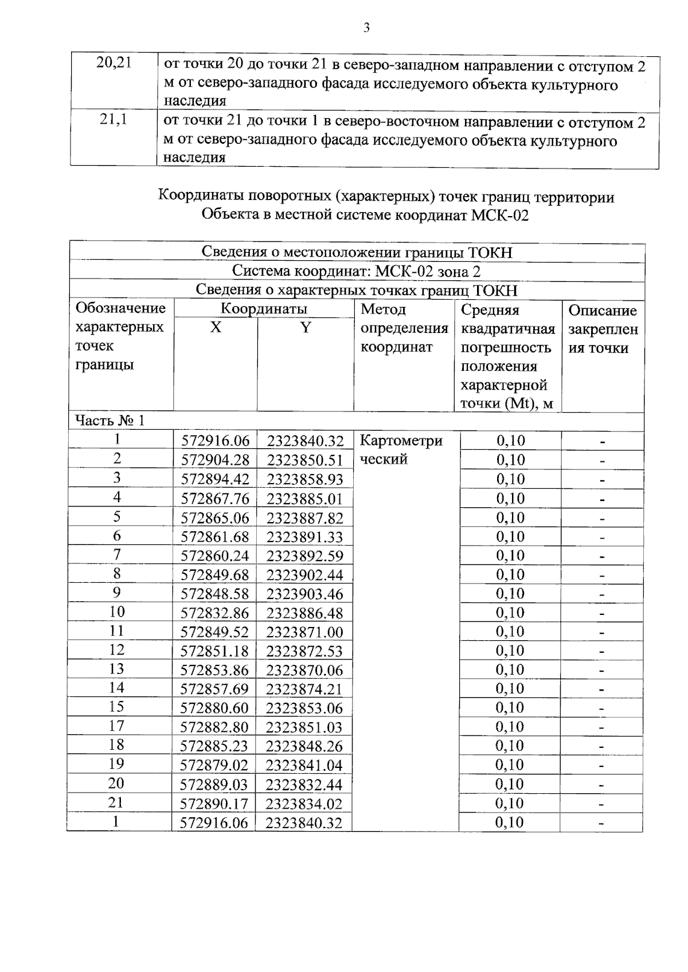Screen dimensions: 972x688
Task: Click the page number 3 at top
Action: tap(366, 28)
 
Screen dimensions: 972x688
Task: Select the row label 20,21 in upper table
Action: tap(114, 63)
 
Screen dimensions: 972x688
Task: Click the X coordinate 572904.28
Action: tap(216, 460)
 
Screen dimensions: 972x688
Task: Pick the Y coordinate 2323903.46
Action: tap(304, 594)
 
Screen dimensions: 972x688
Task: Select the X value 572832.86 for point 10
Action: tap(215, 613)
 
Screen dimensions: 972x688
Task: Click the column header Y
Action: tap(306, 328)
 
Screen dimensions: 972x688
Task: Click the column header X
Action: tap(215, 328)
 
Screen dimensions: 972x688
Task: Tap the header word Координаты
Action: tap(264, 309)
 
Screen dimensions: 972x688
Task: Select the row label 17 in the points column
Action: tap(116, 726)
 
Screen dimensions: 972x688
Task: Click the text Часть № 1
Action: tap(110, 421)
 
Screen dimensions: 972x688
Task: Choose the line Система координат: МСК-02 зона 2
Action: tap(356, 271)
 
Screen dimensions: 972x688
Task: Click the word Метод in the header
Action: tap(383, 309)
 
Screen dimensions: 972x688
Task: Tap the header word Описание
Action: tap(602, 311)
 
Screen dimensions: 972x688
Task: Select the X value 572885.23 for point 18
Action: tap(215, 746)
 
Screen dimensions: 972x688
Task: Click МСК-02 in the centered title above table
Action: tap(500, 215)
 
